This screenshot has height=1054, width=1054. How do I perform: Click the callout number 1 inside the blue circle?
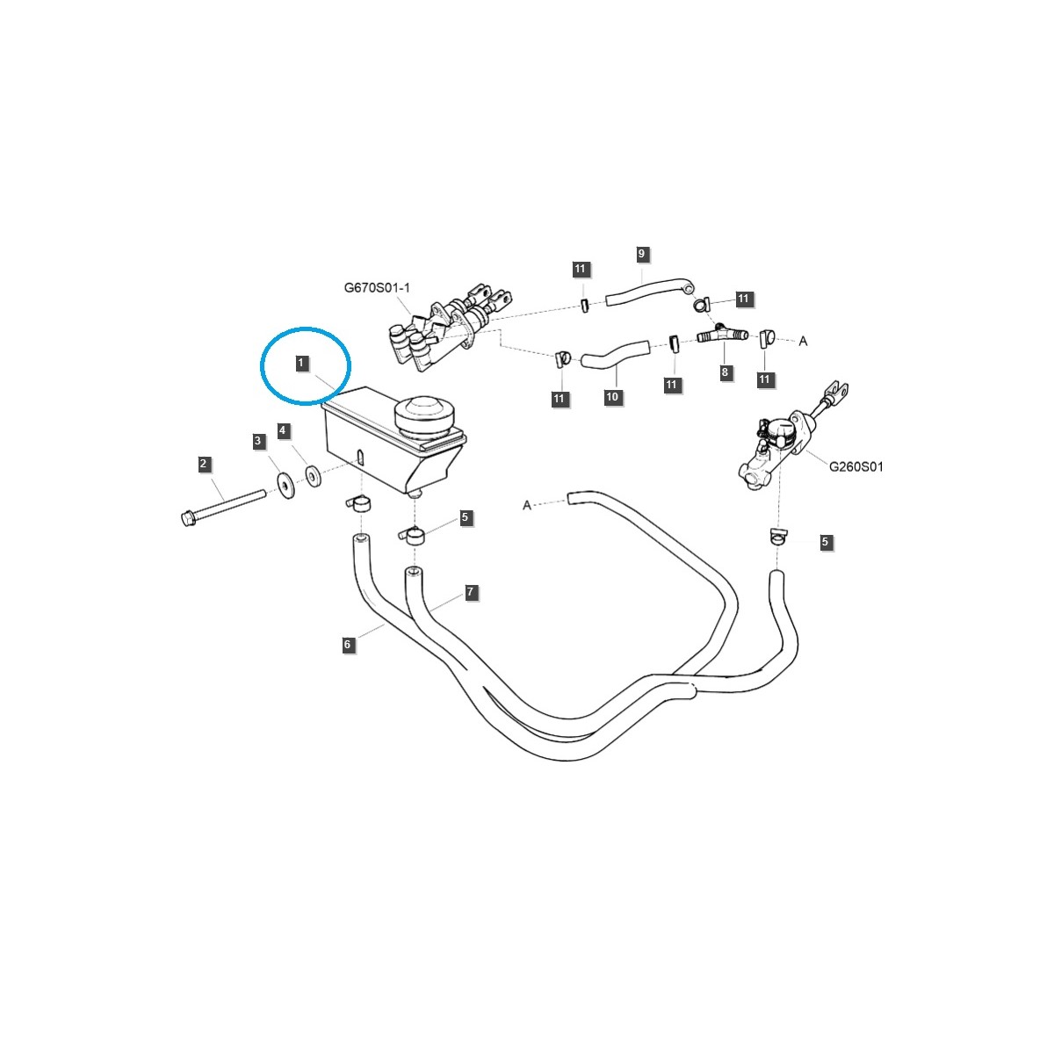click(300, 363)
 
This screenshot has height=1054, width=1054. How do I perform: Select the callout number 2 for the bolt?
click(204, 464)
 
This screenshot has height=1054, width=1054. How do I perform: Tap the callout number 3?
click(258, 441)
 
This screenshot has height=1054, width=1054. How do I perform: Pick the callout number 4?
click(282, 430)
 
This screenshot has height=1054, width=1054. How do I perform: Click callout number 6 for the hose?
click(347, 645)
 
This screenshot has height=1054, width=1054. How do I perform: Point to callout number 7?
click(471, 591)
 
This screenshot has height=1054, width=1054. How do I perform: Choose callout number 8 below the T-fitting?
click(725, 372)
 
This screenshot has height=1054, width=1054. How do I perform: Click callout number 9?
click(641, 254)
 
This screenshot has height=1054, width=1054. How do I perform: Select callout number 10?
click(612, 396)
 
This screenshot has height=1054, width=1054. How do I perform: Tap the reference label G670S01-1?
click(377, 288)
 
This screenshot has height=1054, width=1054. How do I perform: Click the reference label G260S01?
click(856, 466)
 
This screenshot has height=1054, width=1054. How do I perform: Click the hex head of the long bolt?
click(187, 517)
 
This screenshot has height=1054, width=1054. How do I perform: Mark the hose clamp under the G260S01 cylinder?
click(776, 537)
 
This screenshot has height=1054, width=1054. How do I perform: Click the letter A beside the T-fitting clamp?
click(803, 342)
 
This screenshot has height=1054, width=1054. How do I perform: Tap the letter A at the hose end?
click(527, 505)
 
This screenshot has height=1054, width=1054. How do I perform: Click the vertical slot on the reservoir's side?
click(360, 456)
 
